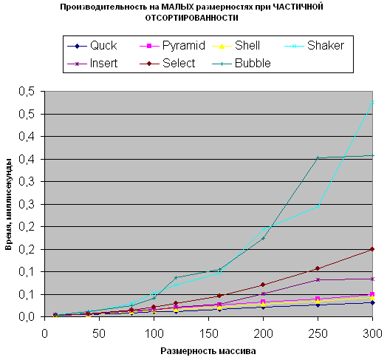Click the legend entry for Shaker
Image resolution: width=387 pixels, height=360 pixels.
coord(314,46)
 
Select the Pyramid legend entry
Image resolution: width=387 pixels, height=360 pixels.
coord(173,46)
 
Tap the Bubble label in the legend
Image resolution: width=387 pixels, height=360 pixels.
coord(242,64)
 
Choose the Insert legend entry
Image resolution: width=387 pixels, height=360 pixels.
coord(92,64)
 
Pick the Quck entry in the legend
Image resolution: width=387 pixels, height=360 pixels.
coord(92,46)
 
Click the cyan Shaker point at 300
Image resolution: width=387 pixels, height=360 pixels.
coord(372,102)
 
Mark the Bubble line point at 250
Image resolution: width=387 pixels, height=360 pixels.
coord(318,157)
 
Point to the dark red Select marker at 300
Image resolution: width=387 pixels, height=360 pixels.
coord(372,249)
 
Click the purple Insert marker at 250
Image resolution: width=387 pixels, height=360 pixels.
coord(318,279)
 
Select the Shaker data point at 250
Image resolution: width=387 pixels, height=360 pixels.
coord(318,206)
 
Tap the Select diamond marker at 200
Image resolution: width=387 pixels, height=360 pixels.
coord(263,285)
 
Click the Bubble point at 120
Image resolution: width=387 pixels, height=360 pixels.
coord(176,277)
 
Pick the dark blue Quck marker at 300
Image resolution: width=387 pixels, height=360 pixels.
coord(372,302)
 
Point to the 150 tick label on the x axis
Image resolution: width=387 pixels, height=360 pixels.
coord(208,334)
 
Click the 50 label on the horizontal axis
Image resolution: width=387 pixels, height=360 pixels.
coord(99,334)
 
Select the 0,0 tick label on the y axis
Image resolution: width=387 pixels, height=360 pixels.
coord(26,317)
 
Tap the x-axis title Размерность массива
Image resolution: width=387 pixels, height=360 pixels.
coord(208,351)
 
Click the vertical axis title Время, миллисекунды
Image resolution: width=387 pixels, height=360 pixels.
coord(8,204)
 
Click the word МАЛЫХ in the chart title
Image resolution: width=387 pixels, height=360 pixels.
coord(178,7)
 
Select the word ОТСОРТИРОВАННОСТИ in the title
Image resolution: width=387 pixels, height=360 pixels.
coord(191,18)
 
